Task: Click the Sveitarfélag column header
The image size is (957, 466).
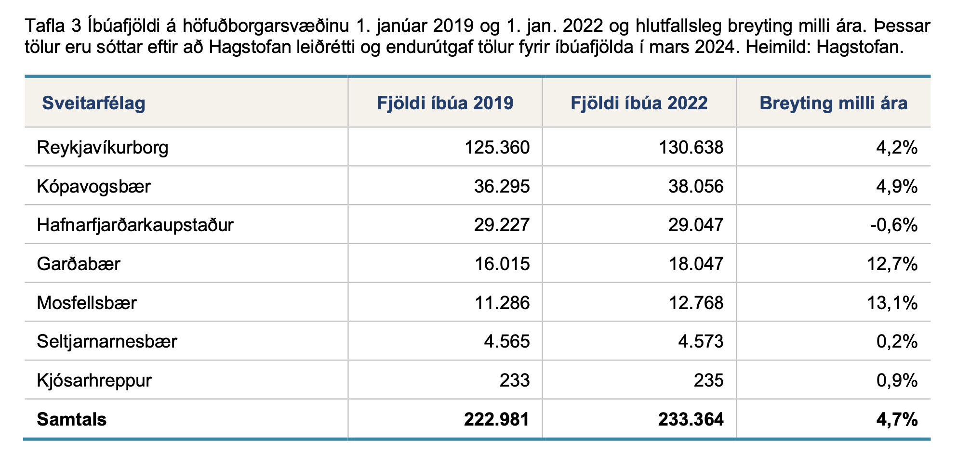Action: [93, 104]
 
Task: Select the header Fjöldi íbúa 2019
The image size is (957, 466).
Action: [445, 103]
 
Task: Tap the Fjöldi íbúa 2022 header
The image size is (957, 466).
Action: [639, 103]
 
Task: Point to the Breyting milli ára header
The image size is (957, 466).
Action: [834, 104]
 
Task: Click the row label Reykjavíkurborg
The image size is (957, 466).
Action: [103, 148]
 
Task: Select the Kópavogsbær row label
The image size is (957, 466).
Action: [94, 186]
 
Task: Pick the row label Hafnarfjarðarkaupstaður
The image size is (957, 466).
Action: [135, 225]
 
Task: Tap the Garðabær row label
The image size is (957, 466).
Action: [79, 264]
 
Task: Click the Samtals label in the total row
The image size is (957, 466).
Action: [72, 419]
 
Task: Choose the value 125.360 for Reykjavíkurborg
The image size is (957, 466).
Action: [497, 147]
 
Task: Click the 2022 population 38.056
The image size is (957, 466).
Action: [696, 186]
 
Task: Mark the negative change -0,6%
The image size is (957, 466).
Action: [894, 225]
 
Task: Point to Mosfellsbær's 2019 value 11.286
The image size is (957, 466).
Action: [502, 303]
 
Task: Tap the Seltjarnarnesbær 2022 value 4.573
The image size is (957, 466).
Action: [701, 342]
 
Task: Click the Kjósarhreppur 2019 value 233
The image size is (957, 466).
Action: [515, 381]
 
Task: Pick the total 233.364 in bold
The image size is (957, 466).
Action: [691, 419]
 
